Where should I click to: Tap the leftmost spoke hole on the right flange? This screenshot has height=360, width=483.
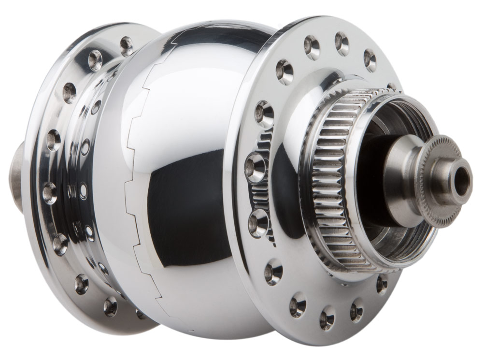[x=255, y=167]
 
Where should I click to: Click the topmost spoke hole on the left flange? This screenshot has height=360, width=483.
[x=127, y=45]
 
